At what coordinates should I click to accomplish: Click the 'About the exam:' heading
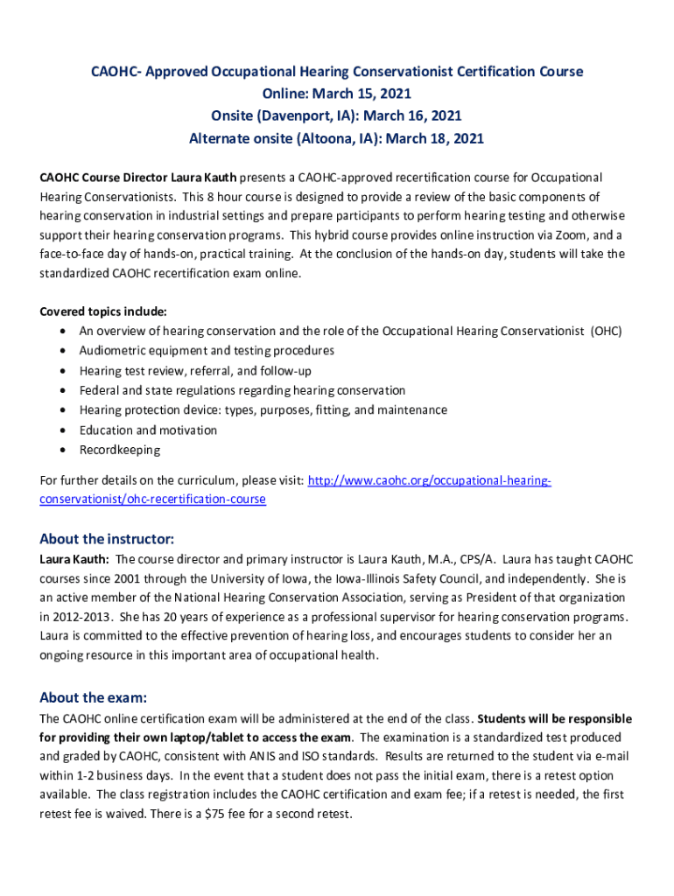[x=93, y=697]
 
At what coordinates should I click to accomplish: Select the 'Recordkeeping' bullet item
[x=120, y=450]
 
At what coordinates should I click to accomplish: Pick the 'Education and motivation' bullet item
[x=148, y=430]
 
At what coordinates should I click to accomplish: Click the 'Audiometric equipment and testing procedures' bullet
[x=207, y=350]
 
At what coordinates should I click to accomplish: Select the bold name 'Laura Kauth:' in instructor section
[x=75, y=559]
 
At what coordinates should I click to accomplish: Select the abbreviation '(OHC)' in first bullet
[x=606, y=331]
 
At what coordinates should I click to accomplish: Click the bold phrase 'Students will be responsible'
[x=554, y=719]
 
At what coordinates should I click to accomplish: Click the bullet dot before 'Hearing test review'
[x=64, y=371]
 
